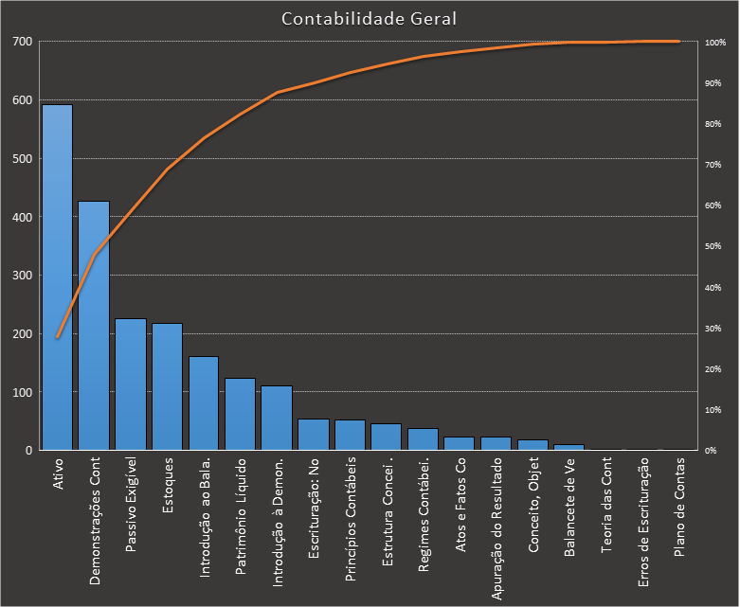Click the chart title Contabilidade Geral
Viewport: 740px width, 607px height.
[x=370, y=19]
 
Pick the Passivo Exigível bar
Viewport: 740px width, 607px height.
[x=131, y=384]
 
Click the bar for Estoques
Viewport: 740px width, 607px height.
[x=168, y=386]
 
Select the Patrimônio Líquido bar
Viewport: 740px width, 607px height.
[x=241, y=415]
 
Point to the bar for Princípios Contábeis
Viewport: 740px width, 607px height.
[x=351, y=436]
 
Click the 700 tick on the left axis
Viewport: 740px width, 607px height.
[x=22, y=42]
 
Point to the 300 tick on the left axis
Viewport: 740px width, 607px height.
[x=22, y=276]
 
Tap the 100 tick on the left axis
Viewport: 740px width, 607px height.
[x=22, y=392]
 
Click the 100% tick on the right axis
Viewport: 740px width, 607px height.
[x=714, y=43]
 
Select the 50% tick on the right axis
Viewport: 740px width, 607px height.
[x=713, y=246]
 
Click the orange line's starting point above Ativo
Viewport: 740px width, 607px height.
[x=57, y=337]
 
